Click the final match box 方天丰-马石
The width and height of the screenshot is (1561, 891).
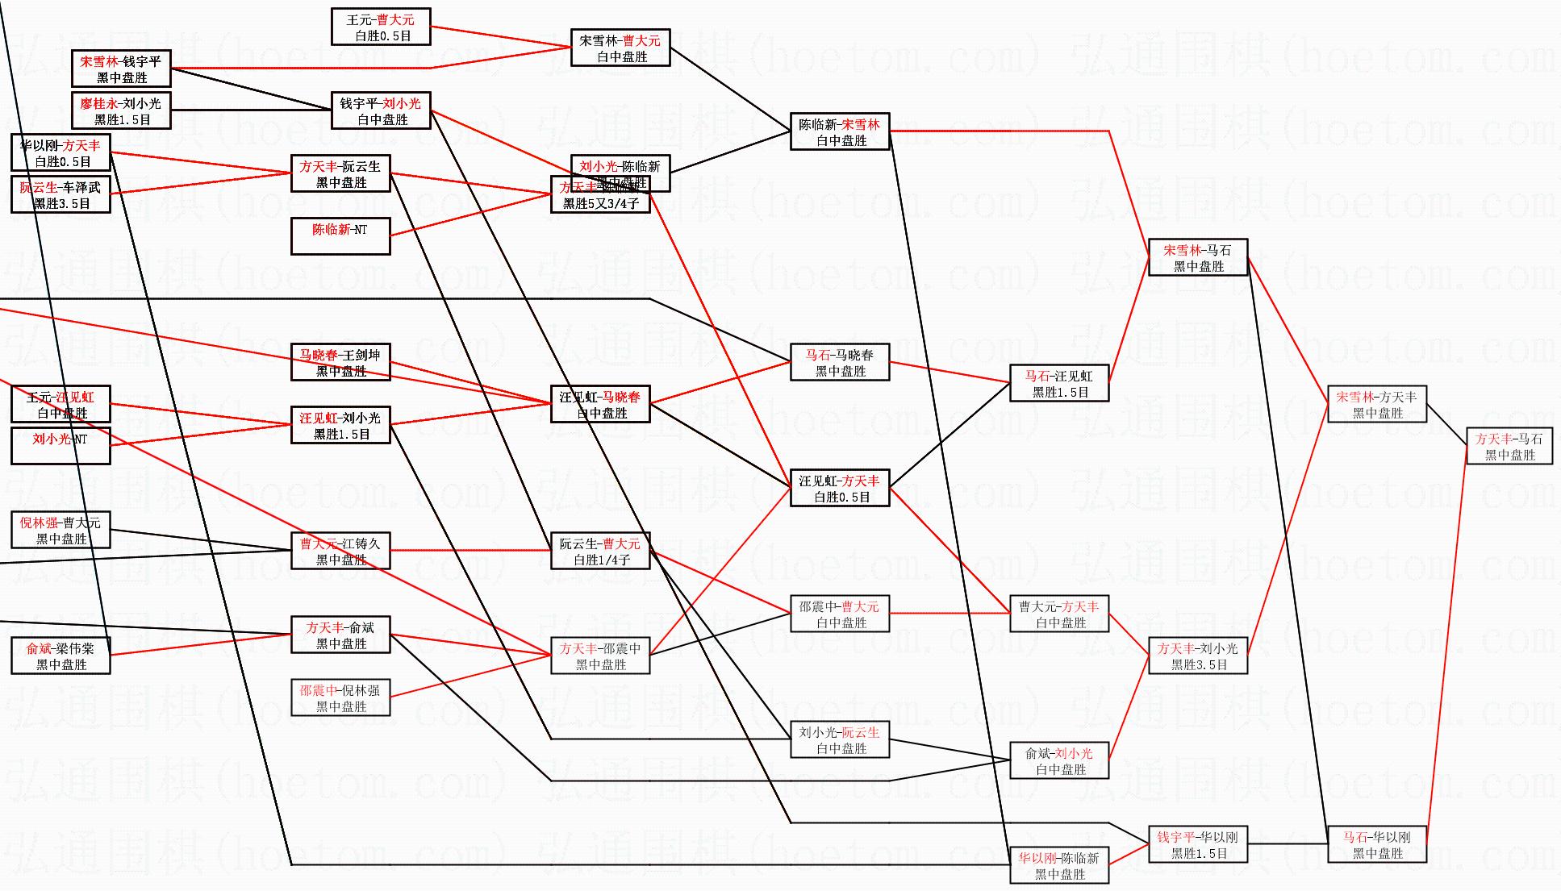1509,446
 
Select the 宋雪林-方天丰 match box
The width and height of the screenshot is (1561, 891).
1376,404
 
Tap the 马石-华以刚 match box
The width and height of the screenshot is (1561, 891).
1376,844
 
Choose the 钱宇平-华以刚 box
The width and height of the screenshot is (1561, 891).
1198,844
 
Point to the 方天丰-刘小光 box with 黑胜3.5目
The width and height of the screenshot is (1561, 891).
1198,656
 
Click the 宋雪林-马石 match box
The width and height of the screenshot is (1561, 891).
1198,257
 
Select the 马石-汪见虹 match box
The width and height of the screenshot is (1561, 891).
1059,383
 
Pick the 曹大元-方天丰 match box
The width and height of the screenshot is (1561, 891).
1059,614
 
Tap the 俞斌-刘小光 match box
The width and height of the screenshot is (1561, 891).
1059,760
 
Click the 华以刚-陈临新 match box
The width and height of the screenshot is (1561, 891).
1059,865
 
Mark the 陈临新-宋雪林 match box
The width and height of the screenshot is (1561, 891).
840,131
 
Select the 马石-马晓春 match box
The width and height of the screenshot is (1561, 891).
840,362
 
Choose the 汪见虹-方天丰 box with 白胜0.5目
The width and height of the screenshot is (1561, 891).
840,488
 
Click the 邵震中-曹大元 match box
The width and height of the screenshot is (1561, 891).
840,614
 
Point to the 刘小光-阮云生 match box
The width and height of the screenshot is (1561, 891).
840,739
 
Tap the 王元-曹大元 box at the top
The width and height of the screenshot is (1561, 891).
381,27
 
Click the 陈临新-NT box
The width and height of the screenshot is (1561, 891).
340,236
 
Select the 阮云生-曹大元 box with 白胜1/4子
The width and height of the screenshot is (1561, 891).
600,551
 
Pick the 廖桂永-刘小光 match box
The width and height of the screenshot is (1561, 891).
121,110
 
